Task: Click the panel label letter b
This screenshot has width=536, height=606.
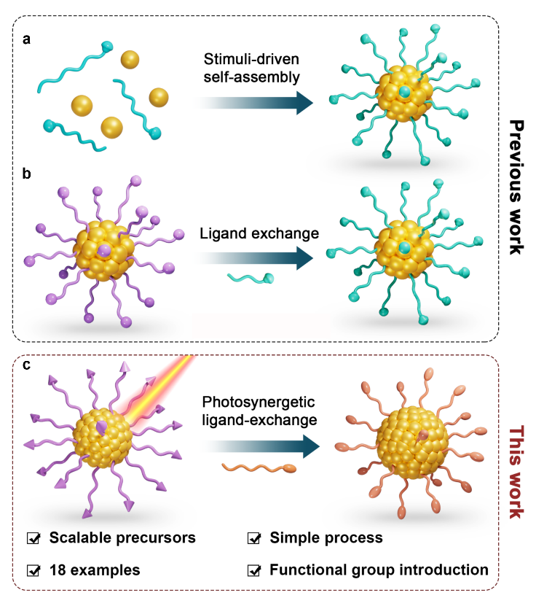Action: click(x=27, y=174)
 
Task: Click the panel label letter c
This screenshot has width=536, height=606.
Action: click(x=27, y=368)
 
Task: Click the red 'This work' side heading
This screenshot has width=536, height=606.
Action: click(x=515, y=473)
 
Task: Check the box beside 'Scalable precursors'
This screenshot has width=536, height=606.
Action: click(x=33, y=539)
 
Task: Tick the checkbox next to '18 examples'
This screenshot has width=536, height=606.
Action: click(x=33, y=569)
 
